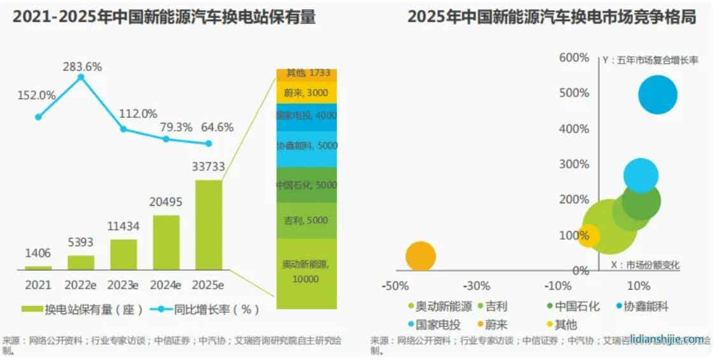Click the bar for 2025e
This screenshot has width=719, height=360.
pyautogui.click(x=209, y=224)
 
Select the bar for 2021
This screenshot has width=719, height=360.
pyautogui.click(x=38, y=268)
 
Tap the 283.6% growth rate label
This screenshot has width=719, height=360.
pyautogui.click(x=82, y=66)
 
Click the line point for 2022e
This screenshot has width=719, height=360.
pyautogui.click(x=81, y=77)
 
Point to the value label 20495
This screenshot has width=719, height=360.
pyautogui.click(x=166, y=202)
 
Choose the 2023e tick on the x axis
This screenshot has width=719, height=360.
pyautogui.click(x=124, y=284)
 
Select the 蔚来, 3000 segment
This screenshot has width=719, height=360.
pyautogui.click(x=306, y=93)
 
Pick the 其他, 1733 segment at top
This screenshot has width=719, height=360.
pyautogui.click(x=306, y=73)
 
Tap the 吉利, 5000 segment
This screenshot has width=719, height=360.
pyautogui.click(x=306, y=220)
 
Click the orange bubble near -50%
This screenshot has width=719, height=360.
pyautogui.click(x=420, y=256)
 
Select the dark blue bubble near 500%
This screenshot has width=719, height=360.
pyautogui.click(x=657, y=95)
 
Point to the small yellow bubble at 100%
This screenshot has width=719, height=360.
pyautogui.click(x=588, y=236)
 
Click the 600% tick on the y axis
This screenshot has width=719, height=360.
pyautogui.click(x=574, y=58)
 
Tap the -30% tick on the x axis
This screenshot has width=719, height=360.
pyautogui.click(x=476, y=285)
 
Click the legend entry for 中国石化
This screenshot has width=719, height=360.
pyautogui.click(x=573, y=306)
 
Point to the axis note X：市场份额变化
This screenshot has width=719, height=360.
pyautogui.click(x=644, y=264)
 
